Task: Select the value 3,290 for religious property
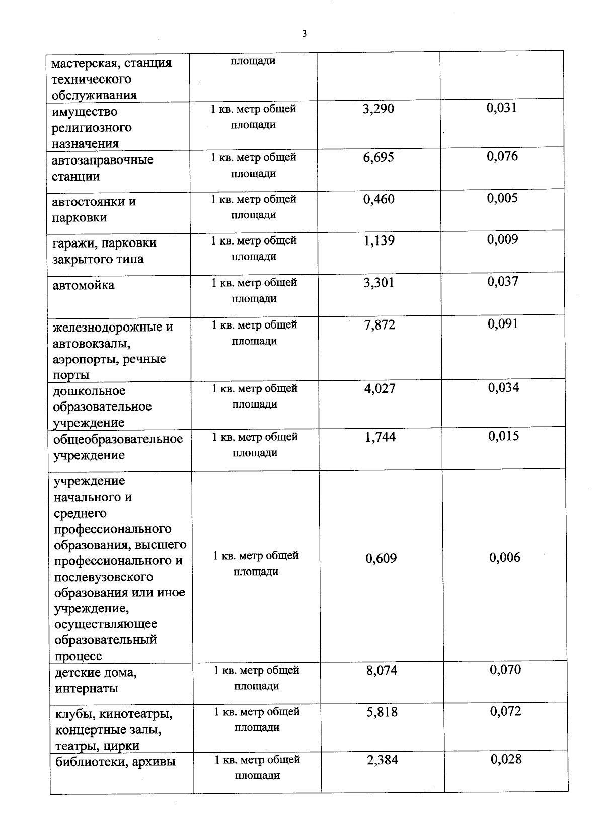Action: pos(379,109)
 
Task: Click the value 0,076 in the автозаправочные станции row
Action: pos(502,156)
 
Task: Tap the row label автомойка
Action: pos(84,285)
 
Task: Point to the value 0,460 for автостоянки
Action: pos(379,199)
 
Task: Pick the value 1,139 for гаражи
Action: pos(379,241)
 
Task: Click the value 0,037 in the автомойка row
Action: pos(502,282)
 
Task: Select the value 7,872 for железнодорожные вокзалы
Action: pos(380,325)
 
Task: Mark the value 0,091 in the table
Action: pos(503,324)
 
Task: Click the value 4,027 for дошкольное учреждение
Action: pos(380,388)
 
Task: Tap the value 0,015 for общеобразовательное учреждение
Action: pos(503,436)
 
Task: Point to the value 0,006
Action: pos(505,558)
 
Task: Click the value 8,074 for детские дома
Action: pos(382,671)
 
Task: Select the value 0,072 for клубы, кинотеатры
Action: pos(506,711)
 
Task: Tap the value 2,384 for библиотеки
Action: pos(383,760)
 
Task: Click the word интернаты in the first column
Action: pos(87,688)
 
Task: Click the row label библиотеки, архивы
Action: pos(115,762)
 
